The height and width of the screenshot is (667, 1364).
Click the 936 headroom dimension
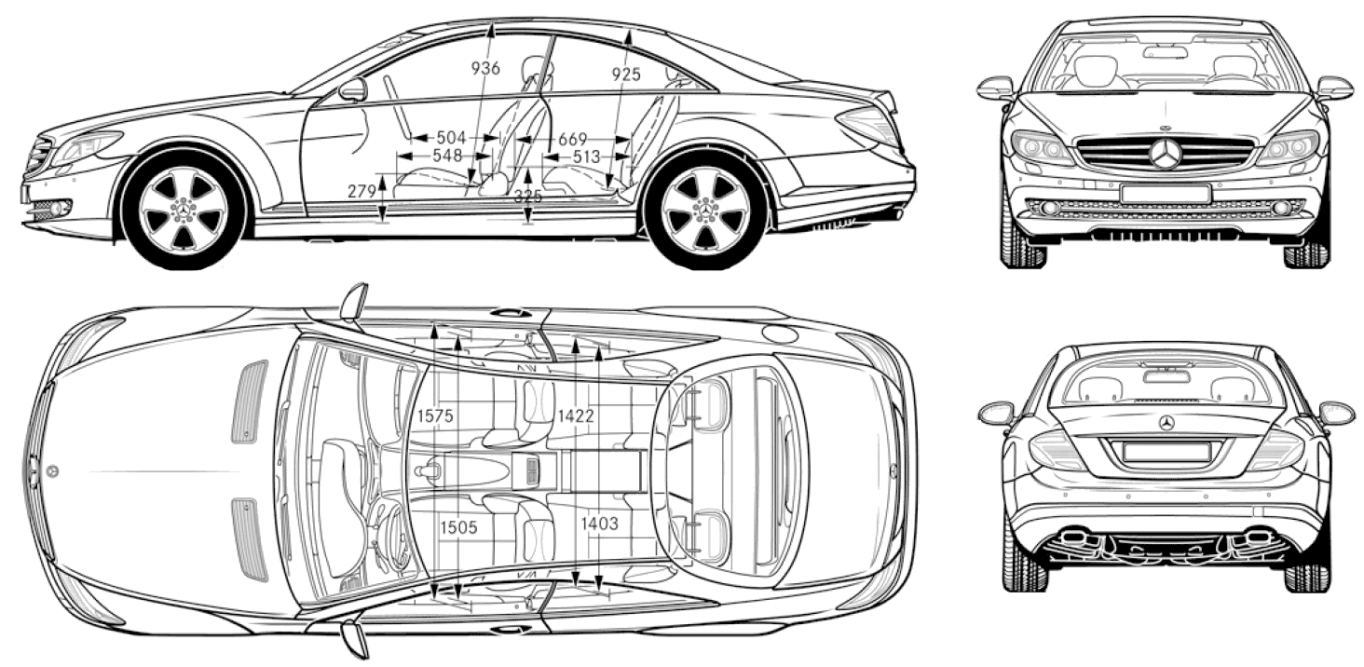coord(485,68)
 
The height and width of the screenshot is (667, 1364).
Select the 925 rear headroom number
coord(626,75)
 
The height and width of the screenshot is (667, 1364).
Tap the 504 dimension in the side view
coord(451,138)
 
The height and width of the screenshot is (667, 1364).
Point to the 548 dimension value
coord(447,156)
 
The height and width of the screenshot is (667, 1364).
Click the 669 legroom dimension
coord(572,140)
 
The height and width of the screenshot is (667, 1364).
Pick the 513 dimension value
coord(586,157)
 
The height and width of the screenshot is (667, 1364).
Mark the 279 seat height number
coord(361,191)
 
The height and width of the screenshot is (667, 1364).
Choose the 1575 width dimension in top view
coord(435,415)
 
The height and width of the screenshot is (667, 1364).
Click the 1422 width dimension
coord(576,415)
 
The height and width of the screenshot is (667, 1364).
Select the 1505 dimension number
coord(458,526)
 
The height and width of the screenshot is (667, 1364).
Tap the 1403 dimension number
coord(599,523)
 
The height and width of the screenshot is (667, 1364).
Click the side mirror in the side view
coord(352,90)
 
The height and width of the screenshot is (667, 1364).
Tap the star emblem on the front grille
coord(1166,153)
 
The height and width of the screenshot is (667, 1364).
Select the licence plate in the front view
coord(1165,194)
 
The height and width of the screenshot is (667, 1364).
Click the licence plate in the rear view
coord(1166,452)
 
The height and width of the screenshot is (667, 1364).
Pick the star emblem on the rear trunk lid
coord(1166,423)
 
